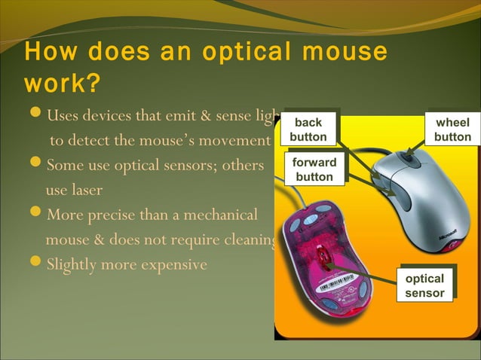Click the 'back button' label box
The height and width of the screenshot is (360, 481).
click(x=308, y=130)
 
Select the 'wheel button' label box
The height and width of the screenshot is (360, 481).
click(x=452, y=130)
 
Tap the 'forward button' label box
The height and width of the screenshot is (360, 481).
click(x=314, y=169)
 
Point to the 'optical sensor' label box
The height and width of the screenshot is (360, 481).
click(x=424, y=285)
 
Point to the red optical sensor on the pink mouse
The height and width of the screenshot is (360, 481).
click(x=323, y=261)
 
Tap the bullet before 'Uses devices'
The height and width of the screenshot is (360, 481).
click(x=35, y=115)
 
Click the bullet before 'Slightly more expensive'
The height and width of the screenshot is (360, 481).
click(x=35, y=265)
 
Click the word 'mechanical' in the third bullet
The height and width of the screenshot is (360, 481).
click(x=216, y=215)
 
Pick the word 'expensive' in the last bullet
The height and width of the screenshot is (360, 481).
click(x=167, y=265)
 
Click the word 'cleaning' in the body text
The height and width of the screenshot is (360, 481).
click(x=250, y=240)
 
